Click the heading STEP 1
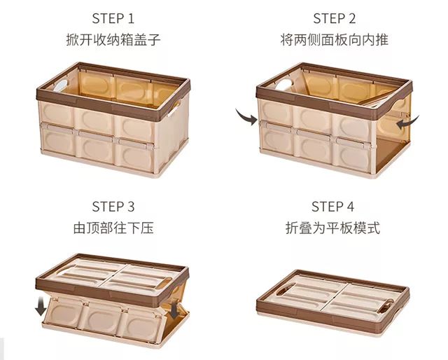click(x=113, y=19)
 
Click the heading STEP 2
click(x=335, y=19)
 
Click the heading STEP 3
click(x=113, y=207)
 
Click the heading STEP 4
click(x=333, y=207)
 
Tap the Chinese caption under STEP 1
click(x=113, y=39)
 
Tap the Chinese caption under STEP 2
click(x=335, y=39)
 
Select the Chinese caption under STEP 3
click(x=113, y=228)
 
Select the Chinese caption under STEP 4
click(x=333, y=228)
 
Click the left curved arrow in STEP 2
click(x=246, y=116)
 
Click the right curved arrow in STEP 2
click(x=407, y=123)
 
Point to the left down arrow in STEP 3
click(x=41, y=306)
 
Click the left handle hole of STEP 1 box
click(x=61, y=85)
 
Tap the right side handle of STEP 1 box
click(x=174, y=108)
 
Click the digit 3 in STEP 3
click(x=131, y=207)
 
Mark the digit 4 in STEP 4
click(x=350, y=207)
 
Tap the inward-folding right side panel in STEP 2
click(x=393, y=126)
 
